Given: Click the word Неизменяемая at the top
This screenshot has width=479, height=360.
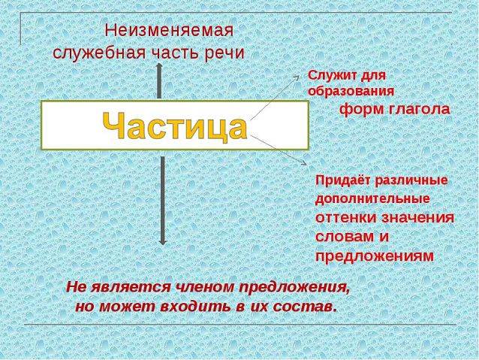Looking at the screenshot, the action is [x=169, y=31].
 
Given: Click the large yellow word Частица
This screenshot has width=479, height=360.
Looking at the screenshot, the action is [x=174, y=126].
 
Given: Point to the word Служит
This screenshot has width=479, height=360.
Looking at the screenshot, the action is [x=330, y=75].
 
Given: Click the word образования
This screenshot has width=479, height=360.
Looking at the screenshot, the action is [x=351, y=92].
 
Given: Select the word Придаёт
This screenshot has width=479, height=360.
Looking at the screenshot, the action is [x=342, y=180].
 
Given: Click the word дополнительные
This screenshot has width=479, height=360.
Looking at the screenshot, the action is [x=372, y=199].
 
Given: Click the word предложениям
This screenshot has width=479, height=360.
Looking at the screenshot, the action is [x=375, y=256].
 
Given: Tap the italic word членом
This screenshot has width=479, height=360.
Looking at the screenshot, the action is [x=204, y=287].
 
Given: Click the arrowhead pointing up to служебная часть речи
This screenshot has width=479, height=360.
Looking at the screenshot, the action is [x=159, y=66].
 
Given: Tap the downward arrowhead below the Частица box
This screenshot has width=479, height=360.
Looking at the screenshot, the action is [x=162, y=242].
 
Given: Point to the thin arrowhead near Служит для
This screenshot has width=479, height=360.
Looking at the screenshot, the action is [x=297, y=77].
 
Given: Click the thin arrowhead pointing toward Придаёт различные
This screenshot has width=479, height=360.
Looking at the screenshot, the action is [x=303, y=163].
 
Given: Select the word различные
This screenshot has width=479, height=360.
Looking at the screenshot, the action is [x=411, y=180].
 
